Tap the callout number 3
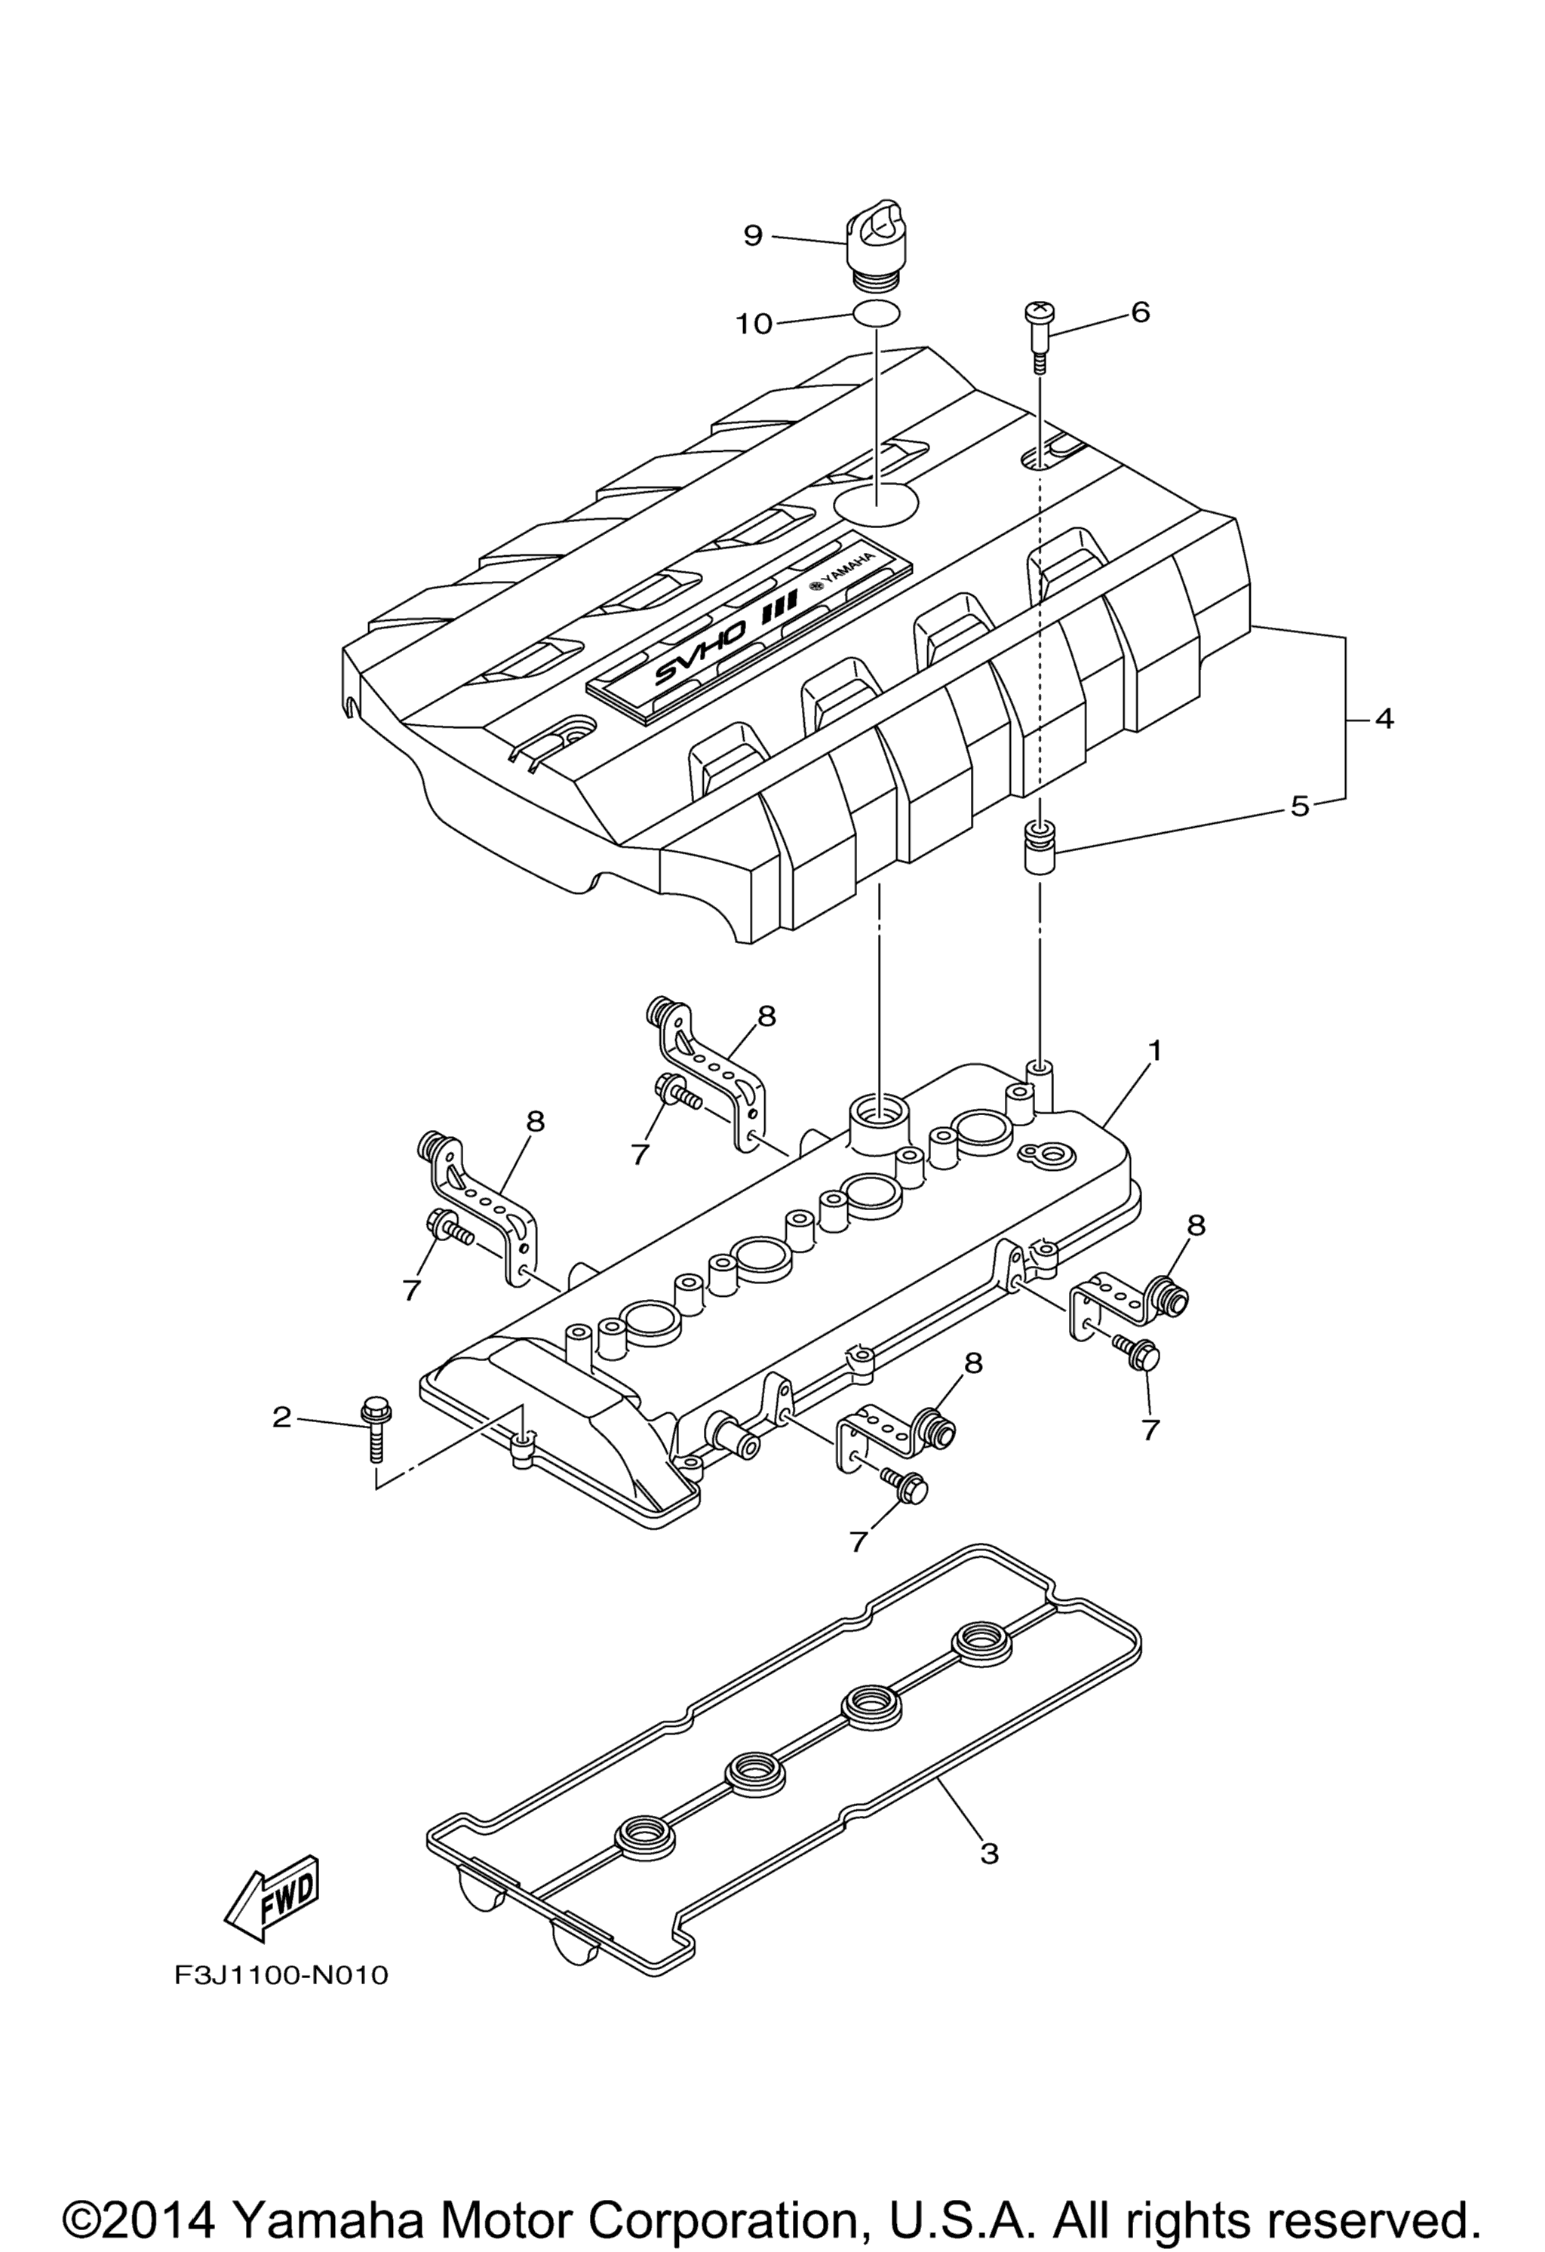989,1854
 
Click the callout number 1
1153,1049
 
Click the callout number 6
1140,312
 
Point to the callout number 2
281,1418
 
